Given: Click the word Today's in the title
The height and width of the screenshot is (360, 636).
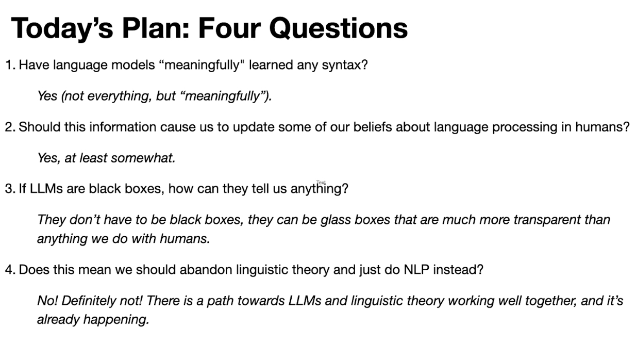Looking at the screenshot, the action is tap(62, 28).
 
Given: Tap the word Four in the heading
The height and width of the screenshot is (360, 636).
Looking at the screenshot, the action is tap(229, 28).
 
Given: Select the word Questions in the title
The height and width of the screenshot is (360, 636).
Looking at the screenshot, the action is tap(339, 28).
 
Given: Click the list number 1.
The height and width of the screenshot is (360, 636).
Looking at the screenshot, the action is tap(10, 65).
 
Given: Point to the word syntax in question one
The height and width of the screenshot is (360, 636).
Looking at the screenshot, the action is tap(345, 66).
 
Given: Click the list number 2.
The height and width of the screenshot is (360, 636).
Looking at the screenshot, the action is tap(10, 127).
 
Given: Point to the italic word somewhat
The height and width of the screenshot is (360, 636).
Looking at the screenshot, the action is tap(143, 158).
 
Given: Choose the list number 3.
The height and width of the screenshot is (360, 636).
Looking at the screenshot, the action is tap(10, 189).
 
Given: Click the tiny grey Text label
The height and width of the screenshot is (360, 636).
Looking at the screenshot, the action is tap(321, 183).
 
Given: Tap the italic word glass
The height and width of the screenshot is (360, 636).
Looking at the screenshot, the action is tap(336, 220).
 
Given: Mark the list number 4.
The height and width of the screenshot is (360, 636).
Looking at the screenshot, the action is tap(10, 270).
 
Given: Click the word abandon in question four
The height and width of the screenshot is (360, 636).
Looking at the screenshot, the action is tap(206, 269).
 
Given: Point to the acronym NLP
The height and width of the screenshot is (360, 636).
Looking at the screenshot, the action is tap(416, 270).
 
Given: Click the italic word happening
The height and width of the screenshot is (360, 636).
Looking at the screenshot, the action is tap(116, 320).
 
